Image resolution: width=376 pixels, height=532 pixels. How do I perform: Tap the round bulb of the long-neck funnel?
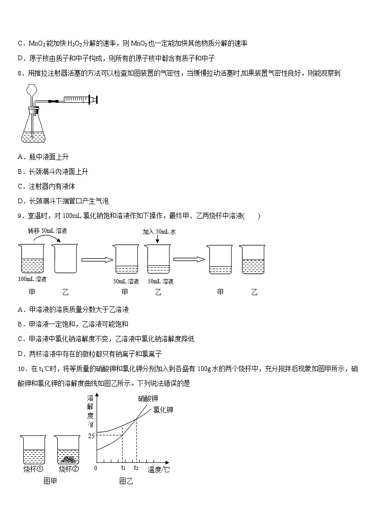tap(32, 89)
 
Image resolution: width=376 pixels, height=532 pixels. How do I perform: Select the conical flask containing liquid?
tap(34, 128)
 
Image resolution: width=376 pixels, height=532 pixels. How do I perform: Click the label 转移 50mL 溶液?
tap(47, 231)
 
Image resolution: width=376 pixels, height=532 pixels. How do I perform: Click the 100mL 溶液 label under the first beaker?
tap(32, 279)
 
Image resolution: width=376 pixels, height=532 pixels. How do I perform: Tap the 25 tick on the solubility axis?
tap(91, 435)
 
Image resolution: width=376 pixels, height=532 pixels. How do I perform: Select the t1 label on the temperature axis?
tap(123, 468)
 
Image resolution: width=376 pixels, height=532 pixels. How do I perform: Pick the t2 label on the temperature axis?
tap(136, 468)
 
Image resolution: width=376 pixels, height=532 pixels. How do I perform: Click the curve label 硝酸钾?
tap(148, 398)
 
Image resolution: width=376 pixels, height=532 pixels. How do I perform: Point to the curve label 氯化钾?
tap(163, 410)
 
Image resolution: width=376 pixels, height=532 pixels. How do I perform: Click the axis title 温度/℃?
tap(159, 469)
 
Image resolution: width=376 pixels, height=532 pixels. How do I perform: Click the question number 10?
tap(21, 369)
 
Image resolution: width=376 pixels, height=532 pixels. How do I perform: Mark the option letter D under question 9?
tap(20, 354)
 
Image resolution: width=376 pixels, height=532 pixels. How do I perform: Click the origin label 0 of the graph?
tap(96, 468)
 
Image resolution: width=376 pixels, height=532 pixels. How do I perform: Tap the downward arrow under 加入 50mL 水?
tap(157, 240)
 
